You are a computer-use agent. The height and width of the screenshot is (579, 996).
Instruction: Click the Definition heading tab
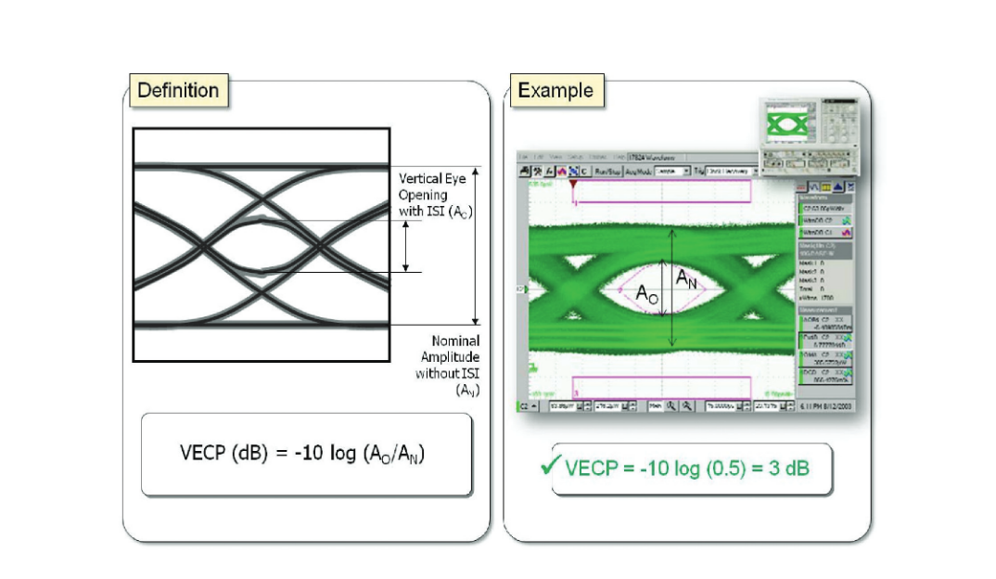pos(177,91)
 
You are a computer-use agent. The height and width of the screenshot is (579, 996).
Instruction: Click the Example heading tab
pos(555,91)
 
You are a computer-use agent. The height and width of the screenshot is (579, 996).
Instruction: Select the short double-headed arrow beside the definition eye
pos(405,247)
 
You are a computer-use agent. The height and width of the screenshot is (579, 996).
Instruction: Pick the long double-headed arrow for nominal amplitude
pos(476,245)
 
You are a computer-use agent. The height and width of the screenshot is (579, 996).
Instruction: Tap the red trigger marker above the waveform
pos(572,185)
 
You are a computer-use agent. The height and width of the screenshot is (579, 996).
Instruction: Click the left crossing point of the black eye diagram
pos(199,246)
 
